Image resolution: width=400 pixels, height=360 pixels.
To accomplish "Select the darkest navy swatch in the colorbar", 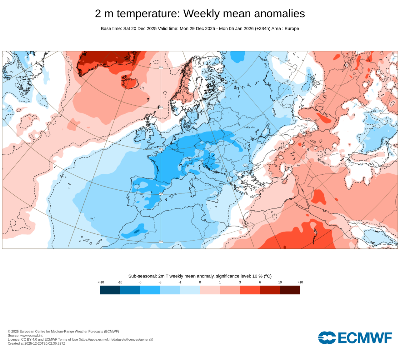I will (x=110, y=290).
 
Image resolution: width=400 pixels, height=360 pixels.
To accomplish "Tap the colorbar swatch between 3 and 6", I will (x=250, y=290).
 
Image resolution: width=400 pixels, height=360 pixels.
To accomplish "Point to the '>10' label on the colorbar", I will (x=300, y=282).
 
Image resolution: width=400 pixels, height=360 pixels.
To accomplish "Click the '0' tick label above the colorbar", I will (x=200, y=282).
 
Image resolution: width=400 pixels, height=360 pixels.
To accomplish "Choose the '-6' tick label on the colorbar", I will (x=140, y=282).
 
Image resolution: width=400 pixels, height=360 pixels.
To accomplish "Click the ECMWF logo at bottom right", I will (x=355, y=338).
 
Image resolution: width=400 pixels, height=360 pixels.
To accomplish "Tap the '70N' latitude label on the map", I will (x=161, y=67).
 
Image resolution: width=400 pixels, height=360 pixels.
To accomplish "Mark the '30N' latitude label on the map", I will (x=161, y=242).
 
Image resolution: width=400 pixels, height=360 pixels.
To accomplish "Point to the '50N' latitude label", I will (x=161, y=149).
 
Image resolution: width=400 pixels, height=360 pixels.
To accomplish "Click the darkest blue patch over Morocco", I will (x=137, y=232).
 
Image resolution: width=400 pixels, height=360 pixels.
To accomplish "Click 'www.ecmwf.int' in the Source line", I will (x=31, y=335).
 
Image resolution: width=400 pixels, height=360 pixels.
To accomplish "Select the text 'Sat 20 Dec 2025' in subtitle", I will (x=140, y=28).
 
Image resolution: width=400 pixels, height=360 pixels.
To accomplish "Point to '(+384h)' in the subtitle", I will (x=262, y=28).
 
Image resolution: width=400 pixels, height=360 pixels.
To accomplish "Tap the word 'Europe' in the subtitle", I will (x=292, y=28).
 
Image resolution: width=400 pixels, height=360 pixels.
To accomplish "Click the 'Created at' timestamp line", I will (x=37, y=343).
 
